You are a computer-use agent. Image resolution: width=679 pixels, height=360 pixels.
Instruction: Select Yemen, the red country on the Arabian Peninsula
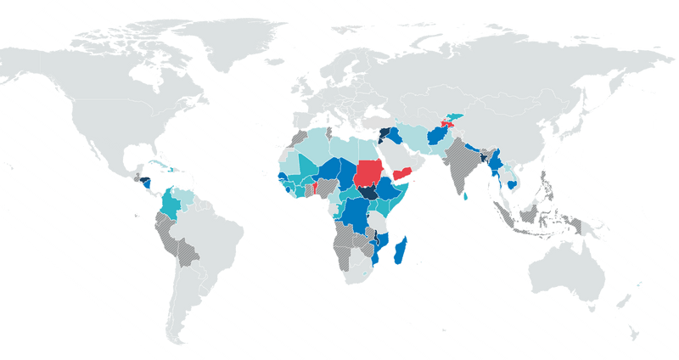[x=407, y=177]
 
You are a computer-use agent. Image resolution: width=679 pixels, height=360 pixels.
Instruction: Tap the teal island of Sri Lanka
[x=466, y=197]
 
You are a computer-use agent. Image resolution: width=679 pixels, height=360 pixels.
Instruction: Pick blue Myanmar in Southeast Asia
[x=496, y=162]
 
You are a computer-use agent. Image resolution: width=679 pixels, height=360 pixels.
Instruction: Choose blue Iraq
[x=395, y=139]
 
